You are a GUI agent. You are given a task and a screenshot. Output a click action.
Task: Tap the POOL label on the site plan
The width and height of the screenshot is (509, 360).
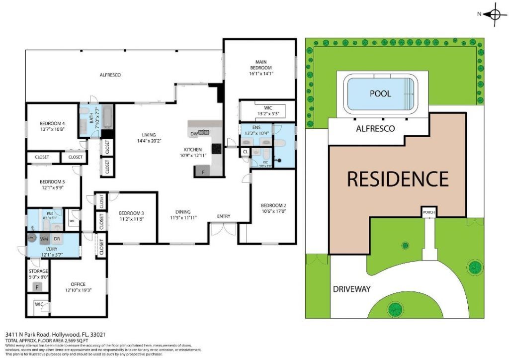coord(380,93)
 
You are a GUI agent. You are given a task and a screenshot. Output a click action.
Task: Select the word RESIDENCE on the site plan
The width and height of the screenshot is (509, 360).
coord(397,179)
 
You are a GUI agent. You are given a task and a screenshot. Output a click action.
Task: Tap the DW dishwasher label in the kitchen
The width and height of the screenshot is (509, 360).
coord(193,134)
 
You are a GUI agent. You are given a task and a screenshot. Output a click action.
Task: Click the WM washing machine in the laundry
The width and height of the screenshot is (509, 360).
coord(45,239)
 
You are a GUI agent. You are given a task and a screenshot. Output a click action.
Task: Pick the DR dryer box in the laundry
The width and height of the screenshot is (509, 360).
coord(57,239)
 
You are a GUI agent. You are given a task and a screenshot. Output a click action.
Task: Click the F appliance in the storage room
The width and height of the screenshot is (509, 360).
coord(36,287)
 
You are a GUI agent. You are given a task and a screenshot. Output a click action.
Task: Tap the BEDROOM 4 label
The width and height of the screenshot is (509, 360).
coord(52,126)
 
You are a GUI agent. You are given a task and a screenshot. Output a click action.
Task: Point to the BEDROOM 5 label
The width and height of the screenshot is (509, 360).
coord(52,185)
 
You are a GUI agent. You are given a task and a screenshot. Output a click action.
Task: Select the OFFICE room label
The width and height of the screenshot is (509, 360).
coord(78,286)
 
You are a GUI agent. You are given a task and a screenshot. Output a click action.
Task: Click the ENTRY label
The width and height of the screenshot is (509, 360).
coord(224,216)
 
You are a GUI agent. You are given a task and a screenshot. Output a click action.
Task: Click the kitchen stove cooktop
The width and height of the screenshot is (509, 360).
coord(216,148)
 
